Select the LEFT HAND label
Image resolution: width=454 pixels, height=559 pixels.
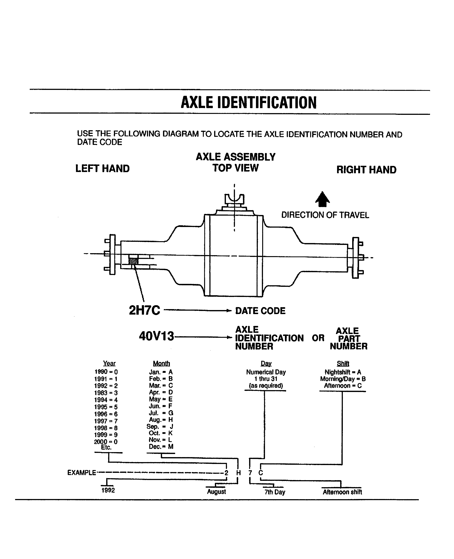tap(102, 169)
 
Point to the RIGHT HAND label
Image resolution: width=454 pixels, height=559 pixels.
tap(366, 170)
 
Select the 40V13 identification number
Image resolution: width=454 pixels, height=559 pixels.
tap(156, 336)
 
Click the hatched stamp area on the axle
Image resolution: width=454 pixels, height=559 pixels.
tap(133, 261)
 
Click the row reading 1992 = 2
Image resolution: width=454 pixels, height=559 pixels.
tap(106, 386)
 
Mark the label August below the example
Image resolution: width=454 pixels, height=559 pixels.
tap(216, 492)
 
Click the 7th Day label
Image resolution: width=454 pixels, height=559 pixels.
tap(275, 492)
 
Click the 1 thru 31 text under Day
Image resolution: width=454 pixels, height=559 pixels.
tap(266, 379)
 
